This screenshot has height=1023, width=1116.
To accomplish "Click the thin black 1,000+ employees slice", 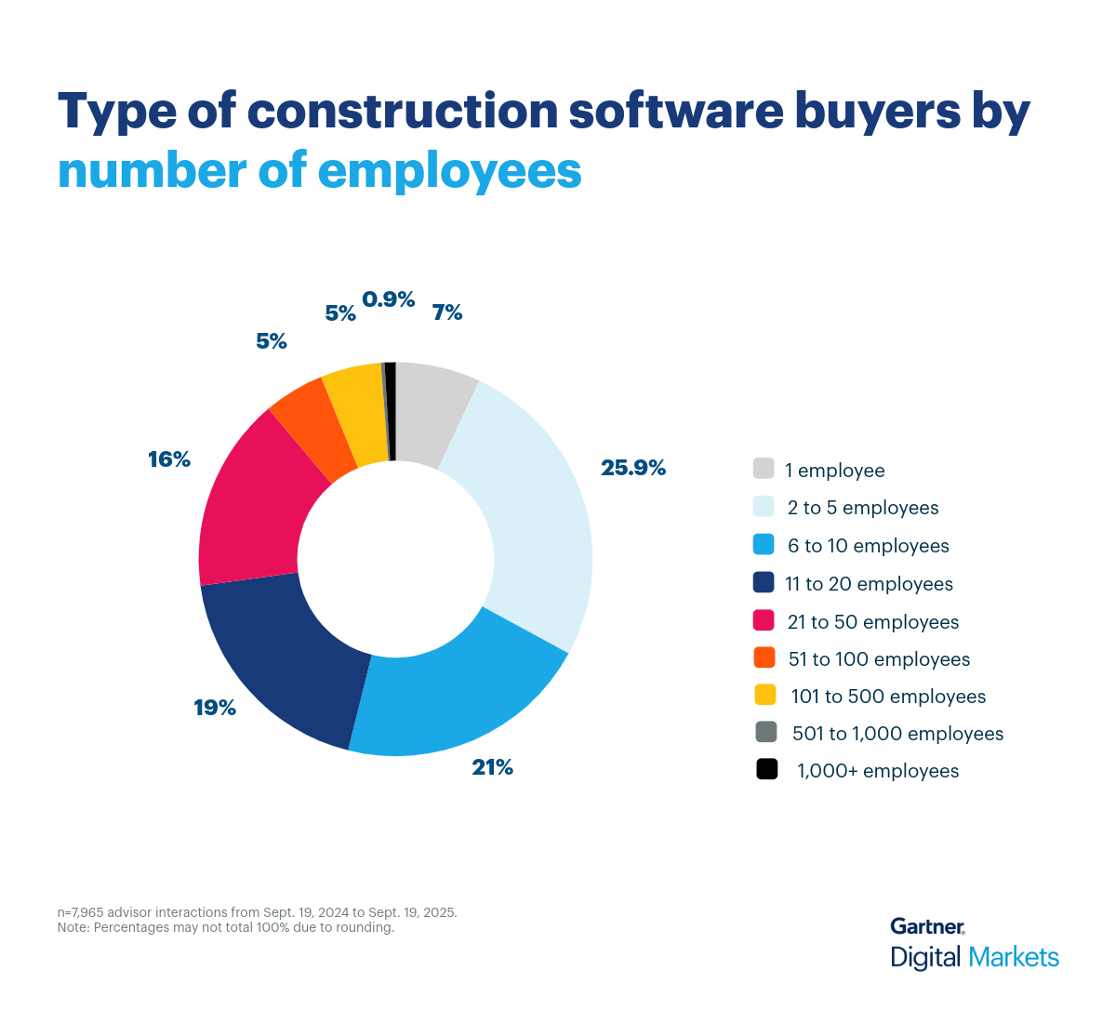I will pos(391,409).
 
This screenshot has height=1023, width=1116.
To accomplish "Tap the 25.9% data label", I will pos(632,468).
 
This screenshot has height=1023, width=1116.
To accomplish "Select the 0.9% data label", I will pos(388,299).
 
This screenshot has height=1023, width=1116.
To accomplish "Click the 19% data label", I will pos(215,708).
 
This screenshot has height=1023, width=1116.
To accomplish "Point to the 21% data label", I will pos(492,767).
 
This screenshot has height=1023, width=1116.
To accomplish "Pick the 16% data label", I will pos(169,459).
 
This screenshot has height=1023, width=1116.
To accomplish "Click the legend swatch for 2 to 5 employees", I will pos(764,506).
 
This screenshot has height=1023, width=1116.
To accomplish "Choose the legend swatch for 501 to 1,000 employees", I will pos(766,732).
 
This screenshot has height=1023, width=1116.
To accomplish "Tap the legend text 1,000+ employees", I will pos(877,771).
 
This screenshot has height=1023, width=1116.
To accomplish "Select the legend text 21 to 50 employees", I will pos(872,621).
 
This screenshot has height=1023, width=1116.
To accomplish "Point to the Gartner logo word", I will pos(926,926).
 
